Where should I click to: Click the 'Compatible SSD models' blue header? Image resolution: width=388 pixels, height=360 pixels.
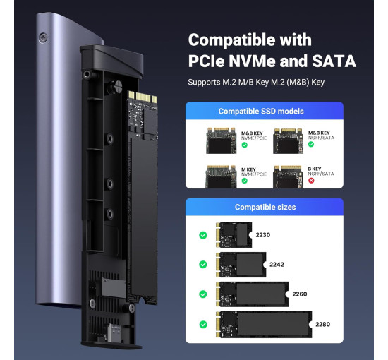tap(260, 112)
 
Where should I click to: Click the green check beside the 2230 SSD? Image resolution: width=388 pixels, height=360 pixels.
tap(202, 235)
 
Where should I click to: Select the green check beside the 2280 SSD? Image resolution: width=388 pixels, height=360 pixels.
tap(202, 325)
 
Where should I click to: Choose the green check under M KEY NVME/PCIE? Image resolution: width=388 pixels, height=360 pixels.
tap(245, 181)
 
